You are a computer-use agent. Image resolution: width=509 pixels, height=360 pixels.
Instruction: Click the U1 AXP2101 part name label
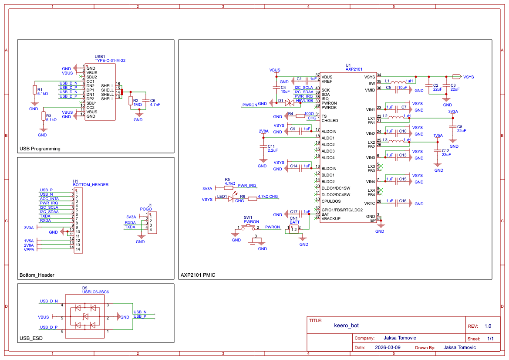pyautogui.click(x=354, y=69)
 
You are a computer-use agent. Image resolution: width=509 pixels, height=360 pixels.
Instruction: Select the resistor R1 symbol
pyautogui.click(x=34, y=90)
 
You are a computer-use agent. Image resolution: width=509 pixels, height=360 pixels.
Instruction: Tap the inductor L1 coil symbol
pyautogui.click(x=397, y=81)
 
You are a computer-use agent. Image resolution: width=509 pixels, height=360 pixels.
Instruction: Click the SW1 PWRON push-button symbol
pyautogui.click(x=249, y=227)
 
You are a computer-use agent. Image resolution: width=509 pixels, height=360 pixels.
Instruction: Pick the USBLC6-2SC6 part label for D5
pyautogui.click(x=96, y=292)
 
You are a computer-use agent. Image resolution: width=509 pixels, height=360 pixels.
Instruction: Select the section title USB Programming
pyautogui.click(x=40, y=149)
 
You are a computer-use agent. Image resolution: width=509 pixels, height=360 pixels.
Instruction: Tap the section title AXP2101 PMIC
pyautogui.click(x=198, y=275)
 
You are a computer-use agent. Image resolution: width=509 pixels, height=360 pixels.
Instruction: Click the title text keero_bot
pyautogui.click(x=346, y=325)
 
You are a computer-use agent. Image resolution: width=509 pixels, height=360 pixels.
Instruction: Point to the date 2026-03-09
pyautogui.click(x=388, y=347)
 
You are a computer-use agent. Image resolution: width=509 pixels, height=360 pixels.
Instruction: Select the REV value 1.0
pyautogui.click(x=488, y=326)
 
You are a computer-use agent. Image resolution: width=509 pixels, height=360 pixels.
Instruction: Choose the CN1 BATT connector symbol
pyautogui.click(x=295, y=229)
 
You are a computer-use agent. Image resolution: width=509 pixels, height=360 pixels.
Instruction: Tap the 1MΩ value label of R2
pyautogui.click(x=138, y=105)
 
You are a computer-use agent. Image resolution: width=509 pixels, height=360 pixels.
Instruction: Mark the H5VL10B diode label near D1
pyautogui.click(x=304, y=101)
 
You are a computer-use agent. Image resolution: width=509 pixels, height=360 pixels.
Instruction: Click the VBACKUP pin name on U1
pyautogui.click(x=331, y=218)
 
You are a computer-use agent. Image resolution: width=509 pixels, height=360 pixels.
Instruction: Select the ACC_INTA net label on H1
pyautogui.click(x=49, y=199)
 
